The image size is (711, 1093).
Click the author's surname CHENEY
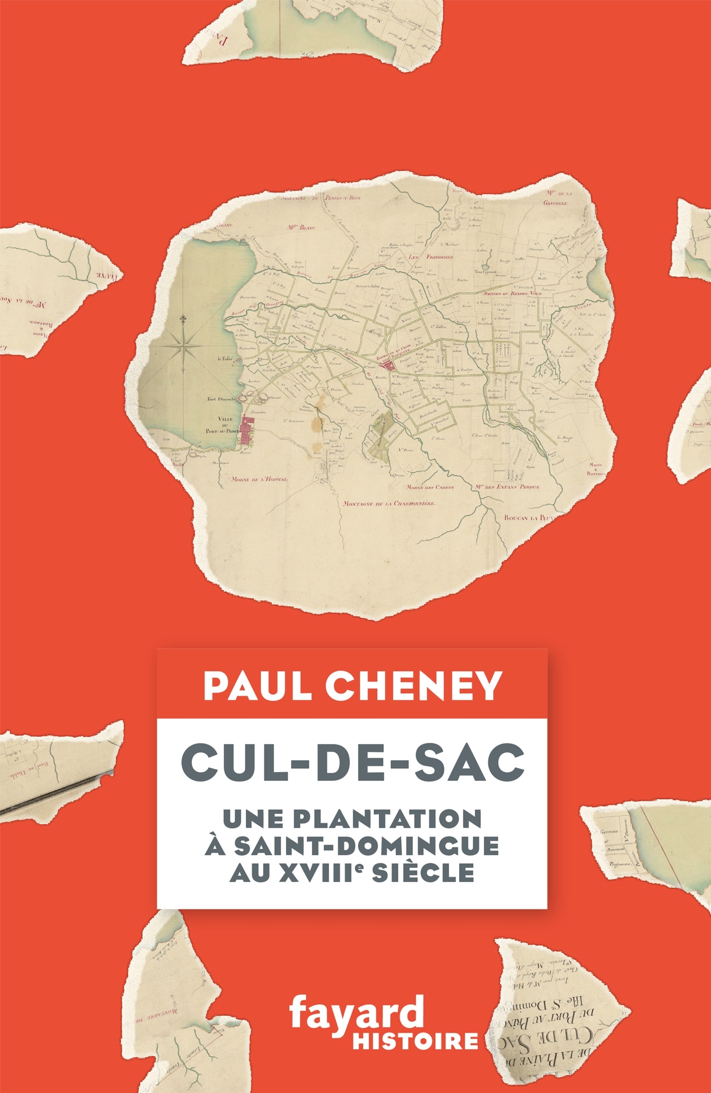coord(414,686)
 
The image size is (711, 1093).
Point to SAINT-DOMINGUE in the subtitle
coord(352,846)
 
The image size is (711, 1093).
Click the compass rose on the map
coord(183,345)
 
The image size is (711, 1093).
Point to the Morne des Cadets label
coord(430,486)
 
